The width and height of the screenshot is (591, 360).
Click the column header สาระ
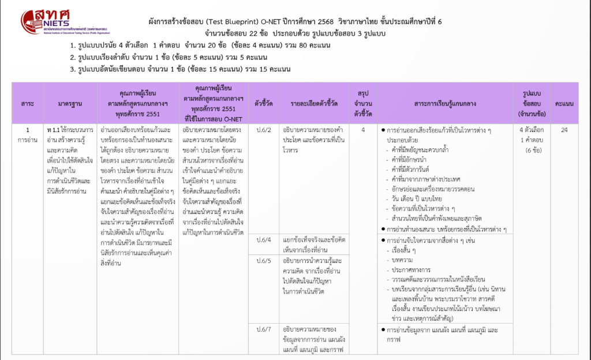[27, 103]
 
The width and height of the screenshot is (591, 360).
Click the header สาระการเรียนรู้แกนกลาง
[445, 103]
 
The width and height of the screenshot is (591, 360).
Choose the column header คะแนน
[564, 103]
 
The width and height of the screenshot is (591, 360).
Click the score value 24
[564, 130]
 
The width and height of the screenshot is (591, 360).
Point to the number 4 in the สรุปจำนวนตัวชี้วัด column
[363, 130]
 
